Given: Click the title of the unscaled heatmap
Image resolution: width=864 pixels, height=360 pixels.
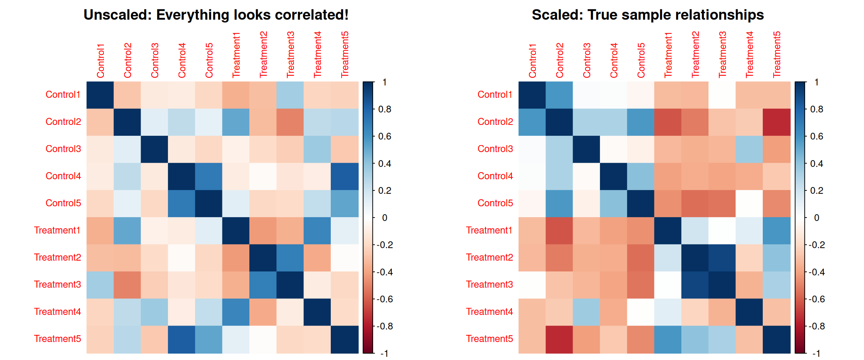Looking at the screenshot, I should [216, 15].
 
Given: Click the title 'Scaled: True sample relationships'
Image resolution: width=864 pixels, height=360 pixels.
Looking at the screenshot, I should [648, 15].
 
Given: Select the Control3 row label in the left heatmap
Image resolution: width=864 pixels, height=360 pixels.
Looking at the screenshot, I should [63, 149].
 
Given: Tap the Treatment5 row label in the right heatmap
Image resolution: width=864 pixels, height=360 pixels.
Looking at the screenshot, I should [489, 339].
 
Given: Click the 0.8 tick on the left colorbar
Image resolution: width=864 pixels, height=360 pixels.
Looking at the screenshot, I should [384, 109].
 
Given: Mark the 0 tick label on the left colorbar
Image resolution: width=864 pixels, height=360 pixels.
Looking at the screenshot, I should [384, 217].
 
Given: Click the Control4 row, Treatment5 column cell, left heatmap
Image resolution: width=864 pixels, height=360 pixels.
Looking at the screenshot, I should [345, 176].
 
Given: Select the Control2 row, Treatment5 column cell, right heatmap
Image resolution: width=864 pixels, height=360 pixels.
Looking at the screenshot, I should [777, 122].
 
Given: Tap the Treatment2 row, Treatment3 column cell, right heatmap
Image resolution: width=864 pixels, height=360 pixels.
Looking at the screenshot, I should [722, 258].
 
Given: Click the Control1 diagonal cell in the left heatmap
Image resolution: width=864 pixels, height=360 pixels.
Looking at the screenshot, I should [100, 95].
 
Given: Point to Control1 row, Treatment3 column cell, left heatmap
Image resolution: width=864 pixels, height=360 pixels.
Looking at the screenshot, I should [290, 95].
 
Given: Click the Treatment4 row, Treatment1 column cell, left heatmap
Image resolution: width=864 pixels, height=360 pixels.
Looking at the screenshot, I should [236, 312].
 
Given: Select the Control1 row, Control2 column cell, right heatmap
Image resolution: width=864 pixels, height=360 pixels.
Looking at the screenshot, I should [559, 95].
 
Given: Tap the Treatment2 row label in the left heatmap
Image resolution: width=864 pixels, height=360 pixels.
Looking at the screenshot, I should [57, 257].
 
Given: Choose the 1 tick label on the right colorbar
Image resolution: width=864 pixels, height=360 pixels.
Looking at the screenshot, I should [816, 82].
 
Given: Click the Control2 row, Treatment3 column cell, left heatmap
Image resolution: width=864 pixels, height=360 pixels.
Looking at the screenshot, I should [290, 122].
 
